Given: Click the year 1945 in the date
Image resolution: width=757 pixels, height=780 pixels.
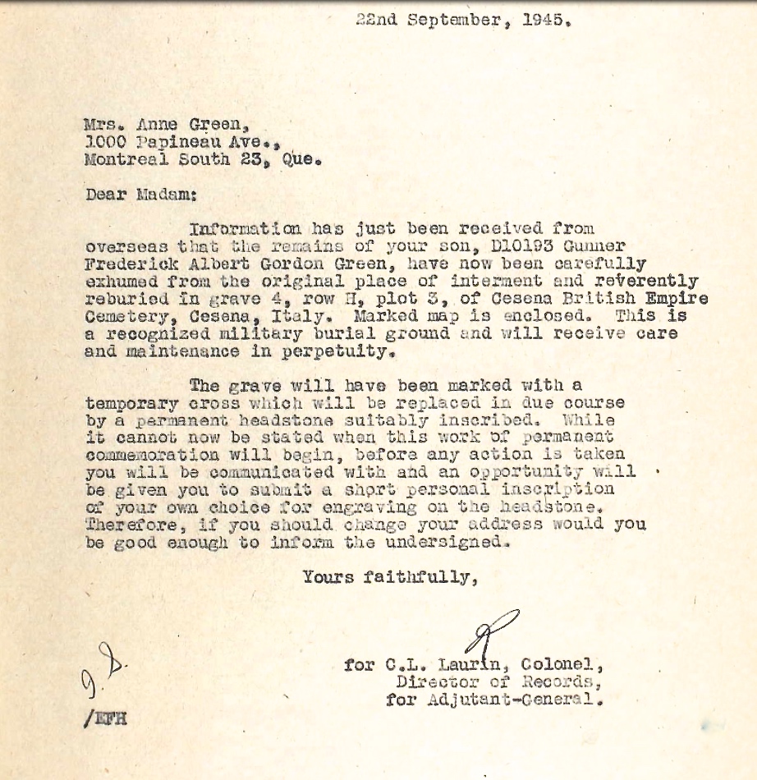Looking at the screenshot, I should [547, 21].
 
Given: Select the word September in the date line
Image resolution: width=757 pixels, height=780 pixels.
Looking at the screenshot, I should [461, 21].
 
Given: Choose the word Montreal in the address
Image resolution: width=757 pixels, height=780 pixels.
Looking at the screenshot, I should [120, 159].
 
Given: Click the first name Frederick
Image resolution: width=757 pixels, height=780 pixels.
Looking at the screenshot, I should [125, 264].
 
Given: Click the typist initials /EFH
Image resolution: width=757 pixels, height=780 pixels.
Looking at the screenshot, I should [104, 720].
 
